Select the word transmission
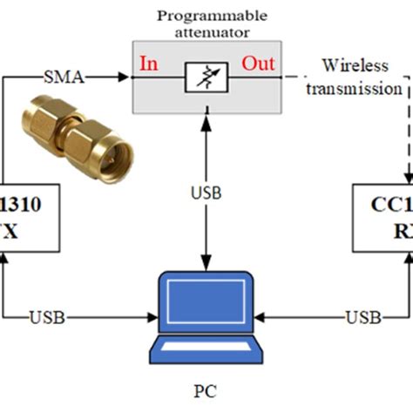(x=360, y=87)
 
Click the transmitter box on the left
(x=27, y=216)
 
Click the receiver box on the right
(x=383, y=216)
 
